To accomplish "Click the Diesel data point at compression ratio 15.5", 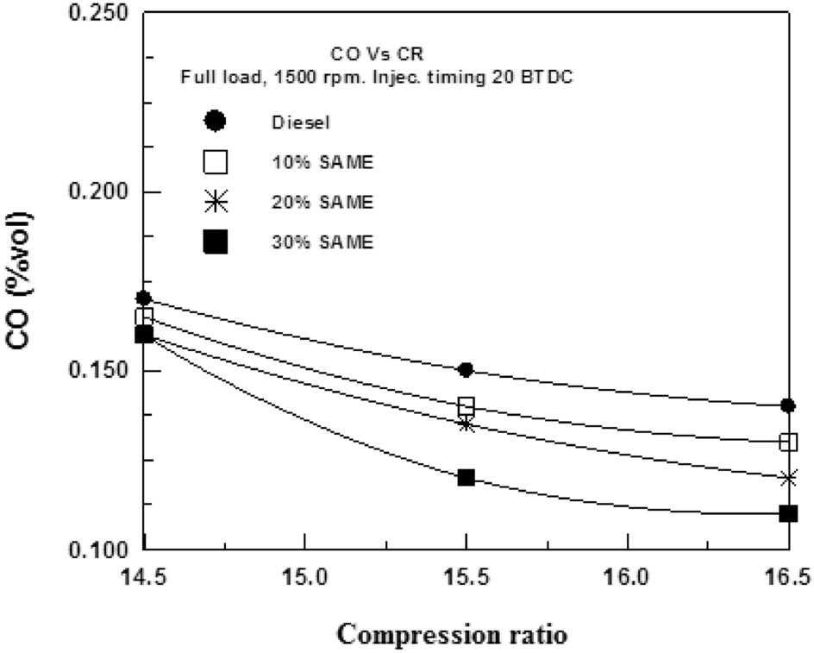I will pos(466,369).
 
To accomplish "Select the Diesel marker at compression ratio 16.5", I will pos(787,405).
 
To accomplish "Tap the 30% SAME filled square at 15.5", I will pos(466,477).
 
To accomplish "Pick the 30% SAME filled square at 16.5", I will pos(787,513).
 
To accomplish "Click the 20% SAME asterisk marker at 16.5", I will pos(787,477).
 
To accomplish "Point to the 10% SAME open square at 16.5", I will pos(787,442).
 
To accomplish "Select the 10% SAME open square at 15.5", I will pos(466,405).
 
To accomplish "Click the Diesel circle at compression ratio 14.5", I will pos(144,298).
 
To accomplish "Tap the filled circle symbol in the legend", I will pos(215,121).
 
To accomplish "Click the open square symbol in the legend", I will pos(215,162).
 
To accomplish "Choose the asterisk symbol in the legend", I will pos(215,203).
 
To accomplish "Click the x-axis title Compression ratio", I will pos(452,635).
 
